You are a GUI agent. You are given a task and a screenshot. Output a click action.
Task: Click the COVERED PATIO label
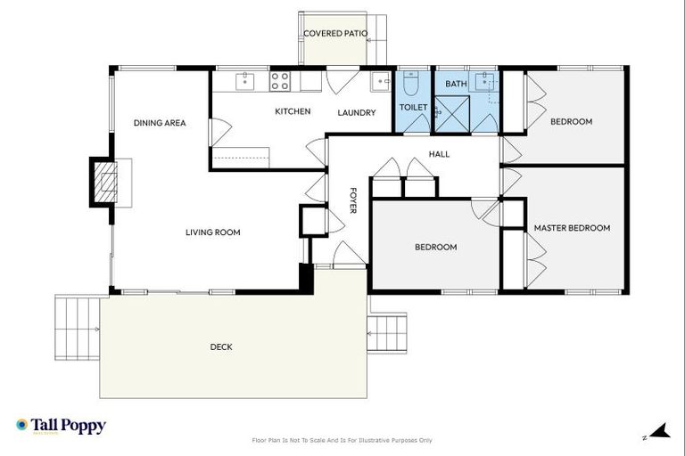[x=335, y=34]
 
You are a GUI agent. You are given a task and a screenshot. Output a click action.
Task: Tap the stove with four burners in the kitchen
[x=279, y=81]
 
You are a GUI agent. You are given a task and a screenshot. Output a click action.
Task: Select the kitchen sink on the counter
[x=245, y=81]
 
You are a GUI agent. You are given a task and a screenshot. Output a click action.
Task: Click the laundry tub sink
[x=381, y=81]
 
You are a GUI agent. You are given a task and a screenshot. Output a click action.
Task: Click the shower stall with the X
[x=455, y=115]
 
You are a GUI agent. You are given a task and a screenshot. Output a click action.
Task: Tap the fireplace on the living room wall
[x=106, y=183]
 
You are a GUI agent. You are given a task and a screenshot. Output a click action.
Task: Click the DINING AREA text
[x=160, y=123]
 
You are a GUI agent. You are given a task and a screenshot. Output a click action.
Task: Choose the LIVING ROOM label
[x=213, y=232]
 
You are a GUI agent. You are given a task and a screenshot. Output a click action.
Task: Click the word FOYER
[x=352, y=200]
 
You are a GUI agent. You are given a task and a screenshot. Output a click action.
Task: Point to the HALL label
[x=439, y=154]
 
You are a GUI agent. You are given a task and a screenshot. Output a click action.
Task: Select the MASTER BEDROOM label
[x=572, y=228]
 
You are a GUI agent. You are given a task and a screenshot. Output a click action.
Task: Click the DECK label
[x=221, y=347]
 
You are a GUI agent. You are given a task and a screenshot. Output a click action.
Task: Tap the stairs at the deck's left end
[x=78, y=327]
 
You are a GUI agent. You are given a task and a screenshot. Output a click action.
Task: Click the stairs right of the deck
[x=387, y=332]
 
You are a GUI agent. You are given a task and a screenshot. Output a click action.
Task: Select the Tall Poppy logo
[x=61, y=426]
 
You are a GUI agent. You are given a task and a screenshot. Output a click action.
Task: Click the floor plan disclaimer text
[x=342, y=440]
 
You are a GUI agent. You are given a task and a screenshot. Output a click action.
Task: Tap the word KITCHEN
[x=292, y=111]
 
